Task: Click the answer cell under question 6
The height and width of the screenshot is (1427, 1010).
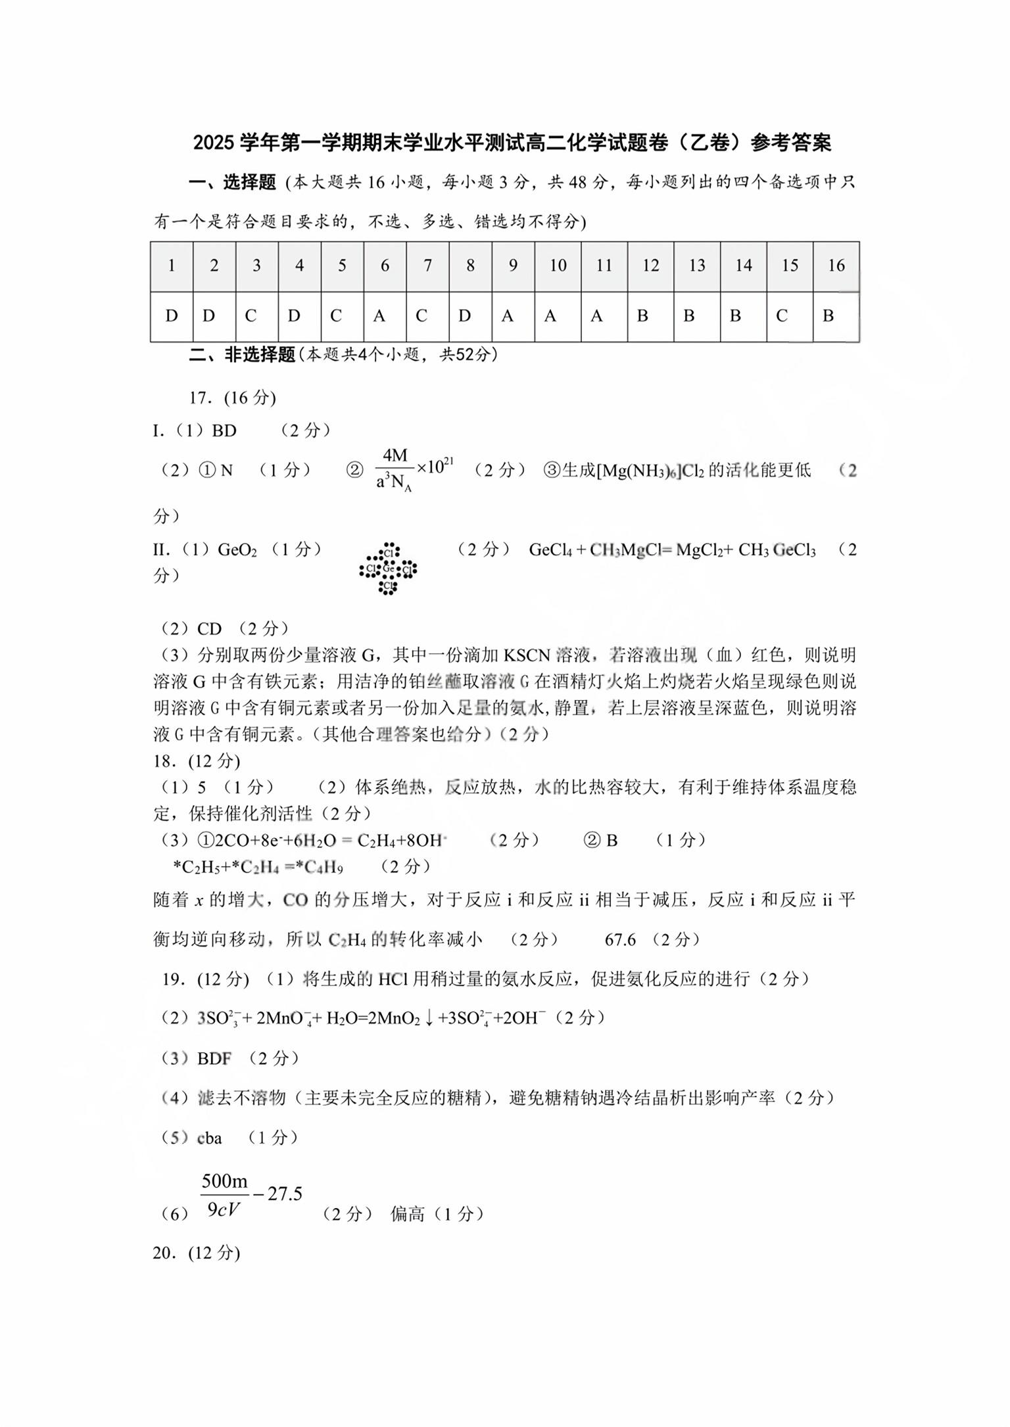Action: pyautogui.click(x=385, y=316)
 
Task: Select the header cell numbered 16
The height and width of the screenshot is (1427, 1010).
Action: pyautogui.click(x=836, y=266)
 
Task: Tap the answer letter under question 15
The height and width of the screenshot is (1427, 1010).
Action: pyautogui.click(x=782, y=316)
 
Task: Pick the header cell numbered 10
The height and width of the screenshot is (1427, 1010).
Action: pyautogui.click(x=558, y=266)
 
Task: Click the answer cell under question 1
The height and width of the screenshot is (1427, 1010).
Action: pyautogui.click(x=172, y=316)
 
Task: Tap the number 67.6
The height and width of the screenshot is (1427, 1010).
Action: pyautogui.click(x=620, y=939)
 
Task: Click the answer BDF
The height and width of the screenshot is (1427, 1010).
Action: pyautogui.click(x=214, y=1058)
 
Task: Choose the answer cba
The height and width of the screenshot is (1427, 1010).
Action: pyautogui.click(x=210, y=1138)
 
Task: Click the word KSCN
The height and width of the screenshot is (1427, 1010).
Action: pyautogui.click(x=526, y=655)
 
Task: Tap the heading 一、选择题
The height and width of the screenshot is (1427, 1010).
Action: pyautogui.click(x=233, y=182)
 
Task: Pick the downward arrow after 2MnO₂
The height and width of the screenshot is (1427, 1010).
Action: pyautogui.click(x=429, y=1018)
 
